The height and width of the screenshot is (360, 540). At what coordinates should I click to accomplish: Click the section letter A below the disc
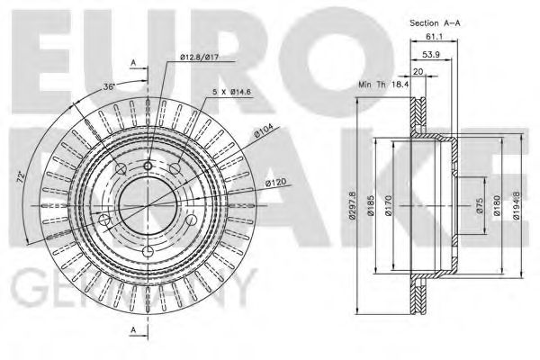pos(134,330)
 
